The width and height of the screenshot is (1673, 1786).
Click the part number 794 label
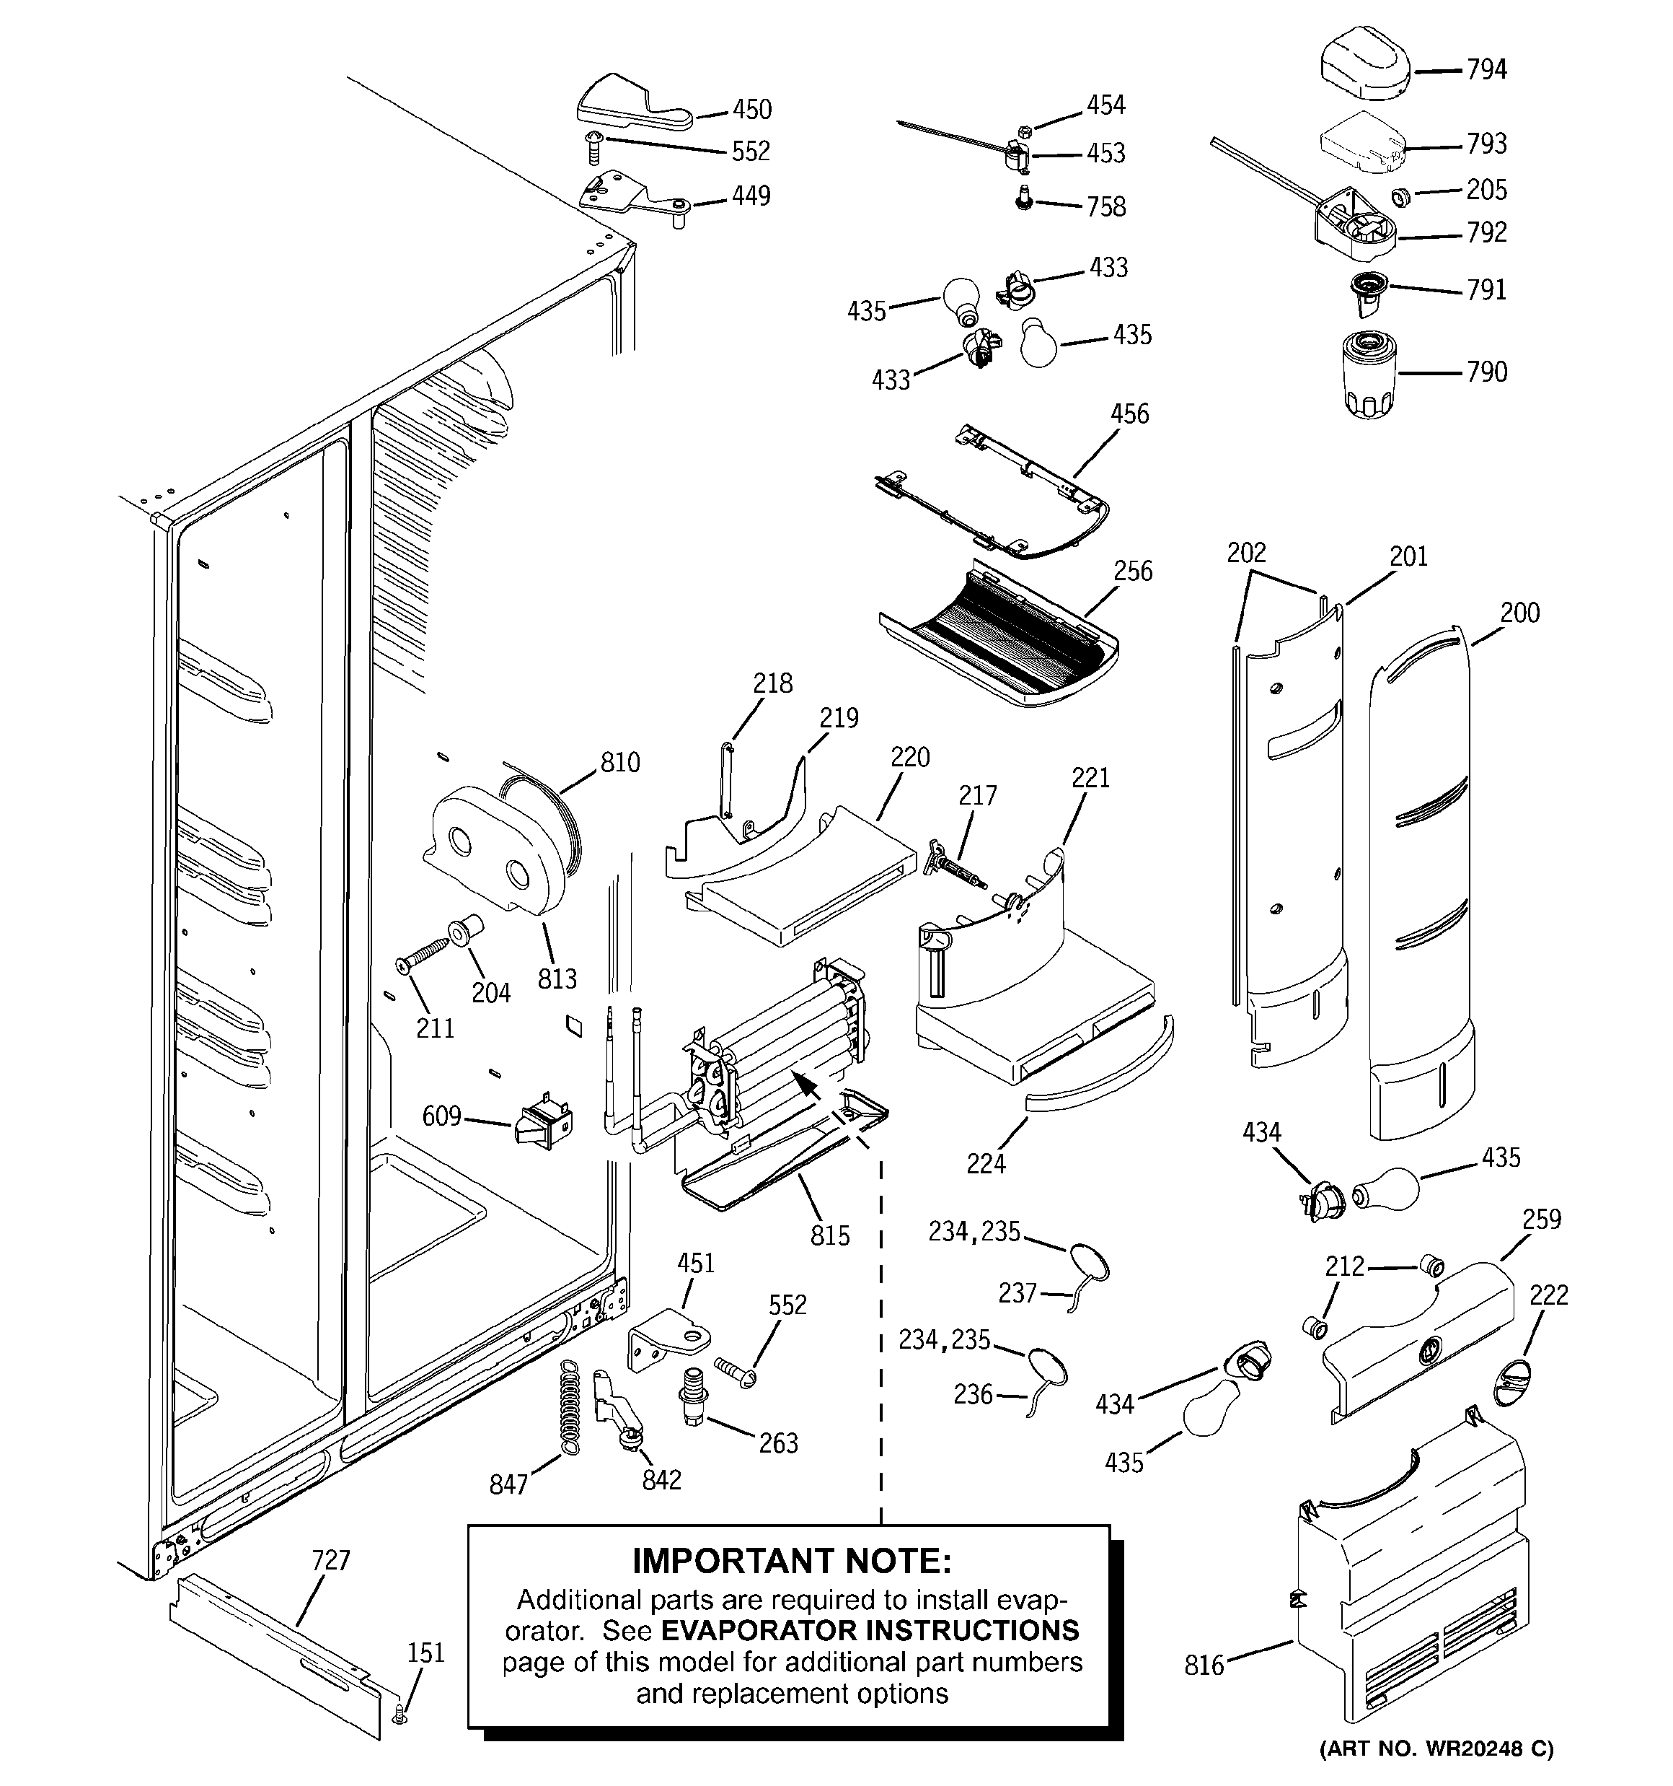1486,69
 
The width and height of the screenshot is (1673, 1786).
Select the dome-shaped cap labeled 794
1364,66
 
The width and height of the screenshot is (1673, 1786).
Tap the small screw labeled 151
400,1714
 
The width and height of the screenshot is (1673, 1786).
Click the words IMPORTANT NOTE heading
791,1561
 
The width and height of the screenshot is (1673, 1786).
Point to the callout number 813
557,979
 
